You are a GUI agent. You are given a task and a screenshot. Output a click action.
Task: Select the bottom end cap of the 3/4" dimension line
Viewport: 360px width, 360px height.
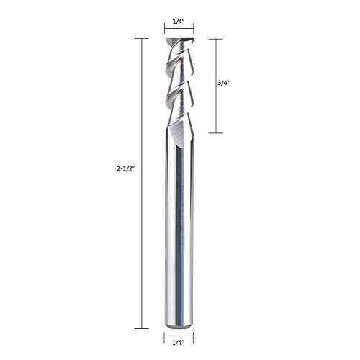pyautogui.click(x=217, y=133)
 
